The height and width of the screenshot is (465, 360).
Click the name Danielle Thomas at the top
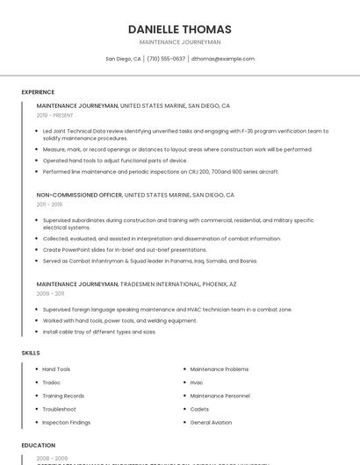(180, 29)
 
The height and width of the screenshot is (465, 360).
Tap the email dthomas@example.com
(223, 59)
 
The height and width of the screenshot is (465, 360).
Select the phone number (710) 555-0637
(166, 59)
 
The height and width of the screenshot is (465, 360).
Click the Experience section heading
(38, 92)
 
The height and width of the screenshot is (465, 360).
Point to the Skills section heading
(31, 353)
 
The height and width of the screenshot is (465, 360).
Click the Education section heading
(38, 446)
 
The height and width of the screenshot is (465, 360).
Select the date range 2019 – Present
(55, 115)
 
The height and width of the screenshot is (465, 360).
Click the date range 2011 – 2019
(49, 204)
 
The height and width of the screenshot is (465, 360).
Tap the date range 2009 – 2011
(50, 294)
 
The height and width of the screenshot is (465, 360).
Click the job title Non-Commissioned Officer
(79, 195)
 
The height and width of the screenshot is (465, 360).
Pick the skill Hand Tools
(56, 369)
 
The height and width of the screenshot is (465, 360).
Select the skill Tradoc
(51, 383)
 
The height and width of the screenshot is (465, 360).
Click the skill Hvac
(197, 383)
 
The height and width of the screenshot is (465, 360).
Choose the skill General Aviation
(211, 423)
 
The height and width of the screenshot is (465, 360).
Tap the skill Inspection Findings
(66, 423)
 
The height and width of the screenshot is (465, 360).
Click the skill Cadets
(199, 410)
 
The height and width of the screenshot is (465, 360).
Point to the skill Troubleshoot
(59, 410)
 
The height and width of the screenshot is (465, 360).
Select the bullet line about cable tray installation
(99, 332)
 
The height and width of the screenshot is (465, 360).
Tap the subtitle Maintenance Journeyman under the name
(180, 42)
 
